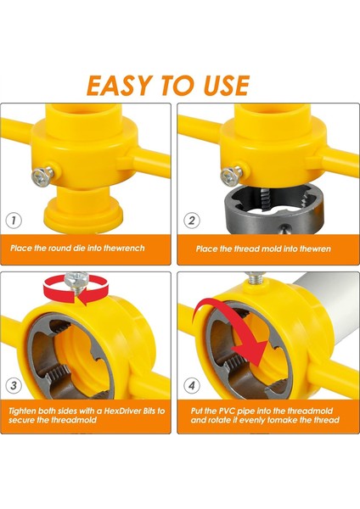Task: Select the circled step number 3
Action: pyautogui.click(x=14, y=387)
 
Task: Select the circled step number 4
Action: pyautogui.click(x=191, y=387)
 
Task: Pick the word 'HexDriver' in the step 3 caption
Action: pyautogui.click(x=120, y=410)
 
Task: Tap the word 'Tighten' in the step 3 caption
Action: pyautogui.click(x=27, y=410)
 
